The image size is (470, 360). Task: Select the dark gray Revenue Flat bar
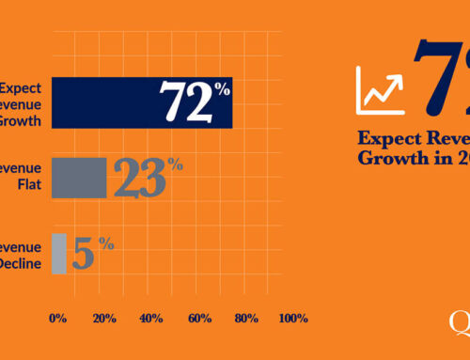[x=79, y=178]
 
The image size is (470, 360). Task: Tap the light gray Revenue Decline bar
[x=58, y=253]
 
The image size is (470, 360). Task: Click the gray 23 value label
[x=138, y=179]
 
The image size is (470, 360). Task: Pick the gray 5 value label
[x=85, y=254]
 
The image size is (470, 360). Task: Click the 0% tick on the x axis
[x=57, y=319]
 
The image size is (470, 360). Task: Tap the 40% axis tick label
[x=150, y=319]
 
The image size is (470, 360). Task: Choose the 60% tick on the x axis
[x=198, y=319]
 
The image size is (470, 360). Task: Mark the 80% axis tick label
[x=246, y=319]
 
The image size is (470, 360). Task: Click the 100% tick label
[x=293, y=319]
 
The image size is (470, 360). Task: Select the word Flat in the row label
[x=25, y=185]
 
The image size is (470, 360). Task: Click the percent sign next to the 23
[x=174, y=165]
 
